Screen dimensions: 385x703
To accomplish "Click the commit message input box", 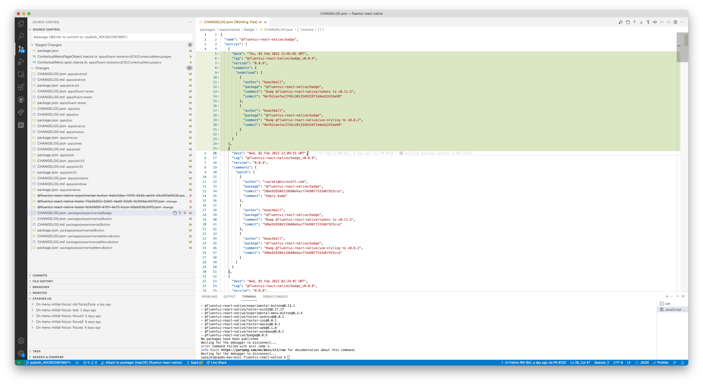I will tap(112, 37).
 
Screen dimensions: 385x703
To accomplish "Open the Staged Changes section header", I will tap(48, 45).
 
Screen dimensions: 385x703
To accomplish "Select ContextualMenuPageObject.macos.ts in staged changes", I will tap(67, 57).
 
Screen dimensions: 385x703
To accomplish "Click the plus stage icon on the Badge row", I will tap(185, 213).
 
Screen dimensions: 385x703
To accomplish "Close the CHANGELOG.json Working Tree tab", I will tap(265, 22).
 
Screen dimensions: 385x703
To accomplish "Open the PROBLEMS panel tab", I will tap(209, 297).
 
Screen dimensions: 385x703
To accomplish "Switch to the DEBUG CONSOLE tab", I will tap(275, 297).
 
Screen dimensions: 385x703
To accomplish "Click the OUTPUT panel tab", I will tap(229, 297).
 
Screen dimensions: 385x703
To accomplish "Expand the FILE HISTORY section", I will tap(43, 281).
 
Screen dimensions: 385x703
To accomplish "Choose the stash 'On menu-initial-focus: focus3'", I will tap(60, 316).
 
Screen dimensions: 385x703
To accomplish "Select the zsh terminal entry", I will tap(667, 304).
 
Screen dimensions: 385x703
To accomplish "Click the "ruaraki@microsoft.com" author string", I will tap(285, 182).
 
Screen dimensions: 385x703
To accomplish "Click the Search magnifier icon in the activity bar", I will tap(21, 36).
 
